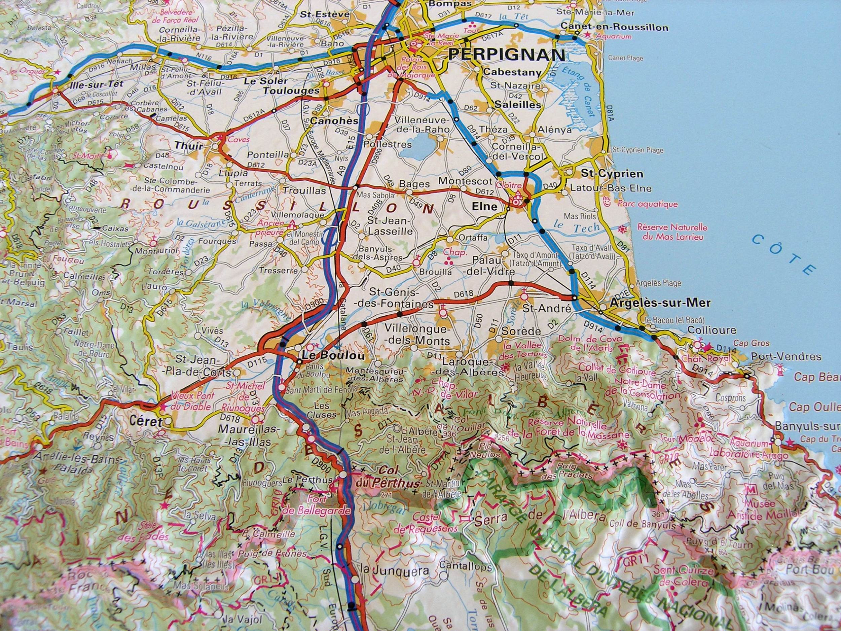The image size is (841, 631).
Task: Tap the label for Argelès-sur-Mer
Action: pyautogui.click(x=660, y=303)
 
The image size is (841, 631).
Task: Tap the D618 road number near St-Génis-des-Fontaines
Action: pyautogui.click(x=464, y=293)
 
